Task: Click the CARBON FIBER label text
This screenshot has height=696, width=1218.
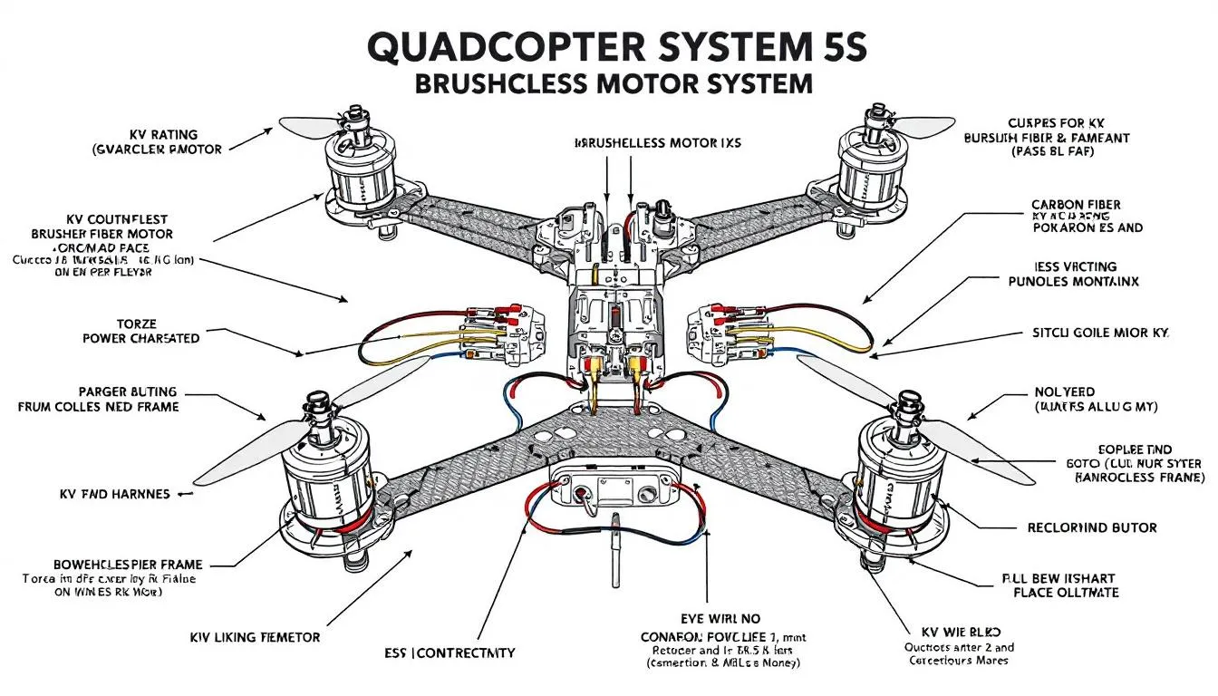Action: click(x=1076, y=205)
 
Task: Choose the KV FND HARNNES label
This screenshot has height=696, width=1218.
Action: click(x=114, y=494)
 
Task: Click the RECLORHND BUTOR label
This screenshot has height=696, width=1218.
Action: click(x=1091, y=527)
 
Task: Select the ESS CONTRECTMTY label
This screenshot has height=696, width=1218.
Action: click(x=449, y=652)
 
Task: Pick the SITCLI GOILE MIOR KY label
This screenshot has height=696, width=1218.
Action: click(x=1101, y=333)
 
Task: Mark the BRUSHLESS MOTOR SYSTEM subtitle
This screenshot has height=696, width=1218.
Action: click(x=614, y=84)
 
